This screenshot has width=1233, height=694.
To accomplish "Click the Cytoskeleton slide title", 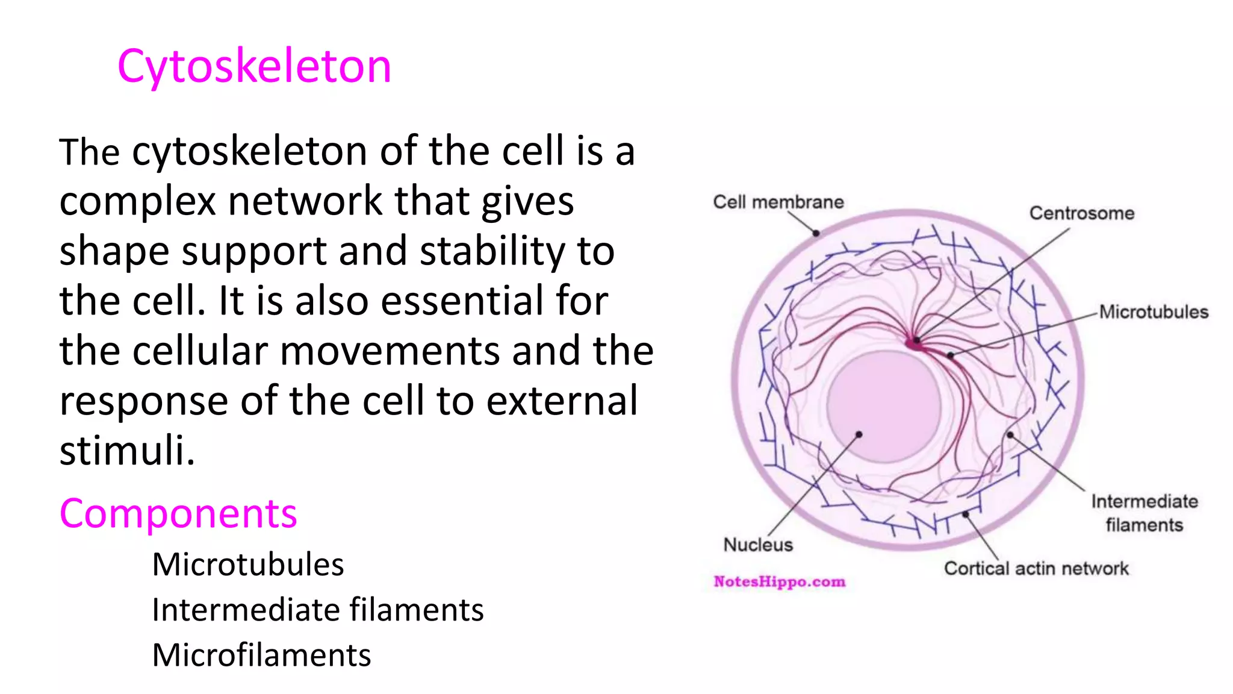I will pyautogui.click(x=254, y=66).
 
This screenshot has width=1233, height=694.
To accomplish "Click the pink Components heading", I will pyautogui.click(x=178, y=514).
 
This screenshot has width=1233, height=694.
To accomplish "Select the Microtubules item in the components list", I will pyautogui.click(x=247, y=564).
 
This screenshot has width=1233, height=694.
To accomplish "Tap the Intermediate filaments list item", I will pyautogui.click(x=317, y=610).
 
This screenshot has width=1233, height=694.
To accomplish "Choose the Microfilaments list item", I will pyautogui.click(x=261, y=655).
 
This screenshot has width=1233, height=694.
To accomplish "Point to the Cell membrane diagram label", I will pyautogui.click(x=778, y=202).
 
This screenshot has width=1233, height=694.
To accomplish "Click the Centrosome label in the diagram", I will pyautogui.click(x=1081, y=213).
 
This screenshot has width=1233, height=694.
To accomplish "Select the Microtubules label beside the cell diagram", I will pyautogui.click(x=1153, y=312).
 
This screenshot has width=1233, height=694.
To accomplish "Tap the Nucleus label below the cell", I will pyautogui.click(x=757, y=545).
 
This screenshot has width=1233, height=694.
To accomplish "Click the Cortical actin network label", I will pyautogui.click(x=1036, y=569).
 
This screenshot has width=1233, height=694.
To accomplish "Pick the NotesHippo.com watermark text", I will pyautogui.click(x=779, y=582).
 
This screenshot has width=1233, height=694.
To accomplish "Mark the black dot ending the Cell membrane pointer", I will pyautogui.click(x=816, y=233).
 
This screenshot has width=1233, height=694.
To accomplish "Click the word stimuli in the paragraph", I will pyautogui.click(x=127, y=450).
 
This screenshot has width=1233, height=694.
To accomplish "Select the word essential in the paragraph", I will pyautogui.click(x=462, y=301).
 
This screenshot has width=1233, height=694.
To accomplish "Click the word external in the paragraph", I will pyautogui.click(x=561, y=401).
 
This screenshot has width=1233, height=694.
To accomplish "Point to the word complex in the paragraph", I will pyautogui.click(x=137, y=201).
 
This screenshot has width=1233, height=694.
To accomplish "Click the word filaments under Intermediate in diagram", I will pyautogui.click(x=1144, y=525).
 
